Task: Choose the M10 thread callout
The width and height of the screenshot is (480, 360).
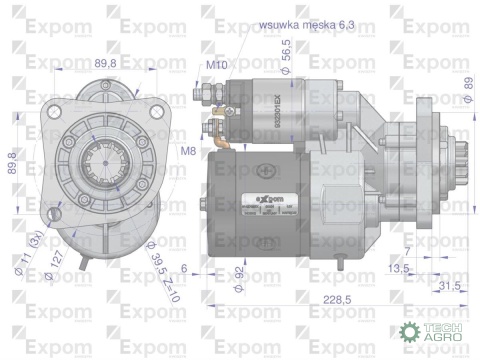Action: click(215, 65)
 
